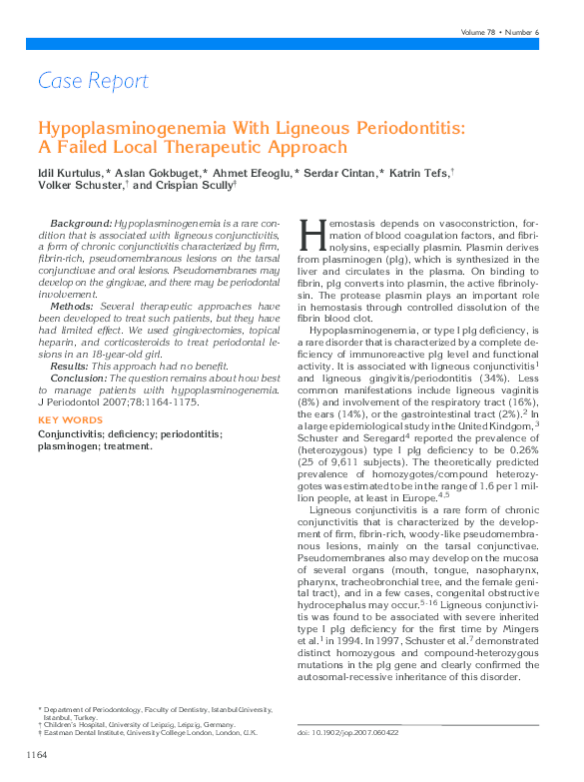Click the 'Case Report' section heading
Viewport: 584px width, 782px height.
(93, 81)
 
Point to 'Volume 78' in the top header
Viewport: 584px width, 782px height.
(482, 32)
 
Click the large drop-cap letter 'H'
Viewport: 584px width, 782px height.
(312, 237)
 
